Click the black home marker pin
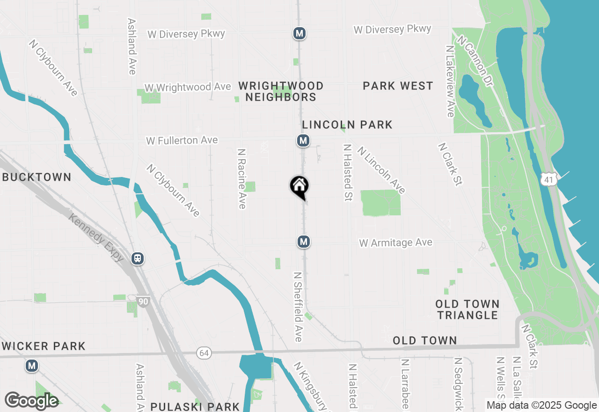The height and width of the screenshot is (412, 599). pyautogui.click(x=299, y=187)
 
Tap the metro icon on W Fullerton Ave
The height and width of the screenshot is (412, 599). pyautogui.click(x=303, y=140)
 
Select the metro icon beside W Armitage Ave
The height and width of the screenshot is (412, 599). pyautogui.click(x=304, y=242)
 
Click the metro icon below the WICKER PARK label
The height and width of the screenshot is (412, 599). pyautogui.click(x=32, y=365)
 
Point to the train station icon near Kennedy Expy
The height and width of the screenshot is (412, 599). pyautogui.click(x=138, y=258)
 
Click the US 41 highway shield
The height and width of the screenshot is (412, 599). pyautogui.click(x=548, y=179)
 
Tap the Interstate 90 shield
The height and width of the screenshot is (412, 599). pyautogui.click(x=143, y=301)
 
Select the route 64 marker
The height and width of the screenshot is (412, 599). pyautogui.click(x=204, y=353)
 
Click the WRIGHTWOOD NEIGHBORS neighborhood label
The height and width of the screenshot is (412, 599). pyautogui.click(x=281, y=91)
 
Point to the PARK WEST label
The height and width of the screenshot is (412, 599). pyautogui.click(x=398, y=86)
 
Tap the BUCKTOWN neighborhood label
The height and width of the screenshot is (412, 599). pyautogui.click(x=37, y=177)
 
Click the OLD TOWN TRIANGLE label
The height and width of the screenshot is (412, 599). pyautogui.click(x=468, y=309)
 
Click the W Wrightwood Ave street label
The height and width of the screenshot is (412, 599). pyautogui.click(x=188, y=88)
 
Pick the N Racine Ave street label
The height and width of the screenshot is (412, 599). pyautogui.click(x=241, y=179)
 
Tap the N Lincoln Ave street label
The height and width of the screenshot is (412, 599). pyautogui.click(x=381, y=169)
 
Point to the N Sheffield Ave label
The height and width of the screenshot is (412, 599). pyautogui.click(x=298, y=306)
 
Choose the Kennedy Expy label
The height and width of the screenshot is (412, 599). pyautogui.click(x=96, y=238)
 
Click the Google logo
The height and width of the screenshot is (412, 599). pyautogui.click(x=31, y=401)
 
